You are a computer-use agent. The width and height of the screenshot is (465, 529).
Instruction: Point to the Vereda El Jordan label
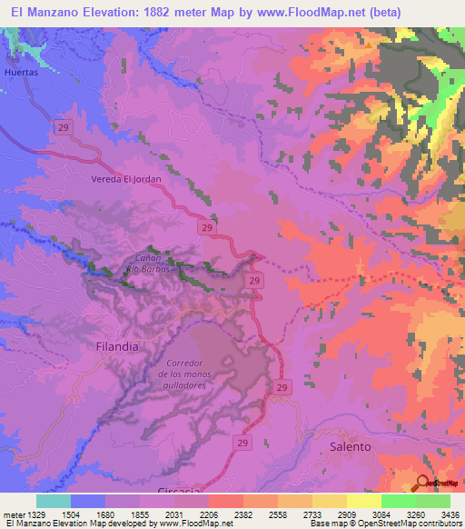(126, 179)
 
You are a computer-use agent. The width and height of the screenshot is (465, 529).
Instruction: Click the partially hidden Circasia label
(177, 491)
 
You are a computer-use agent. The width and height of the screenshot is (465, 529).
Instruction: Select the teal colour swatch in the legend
(54, 501)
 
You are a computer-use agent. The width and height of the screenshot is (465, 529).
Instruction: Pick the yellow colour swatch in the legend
(363, 501)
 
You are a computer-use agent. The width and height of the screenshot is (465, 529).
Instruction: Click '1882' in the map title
(153, 13)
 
